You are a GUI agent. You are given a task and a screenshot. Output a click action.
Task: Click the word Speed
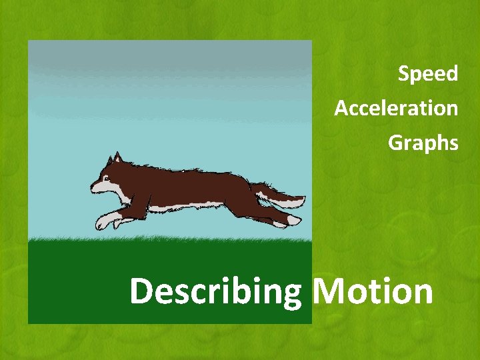click(428, 73)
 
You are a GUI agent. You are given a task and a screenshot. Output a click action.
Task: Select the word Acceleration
click(396, 108)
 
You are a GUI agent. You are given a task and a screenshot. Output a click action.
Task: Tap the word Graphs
click(423, 143)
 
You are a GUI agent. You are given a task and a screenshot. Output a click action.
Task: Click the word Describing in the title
click(215, 292)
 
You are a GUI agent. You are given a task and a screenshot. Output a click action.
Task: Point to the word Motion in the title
click(372, 291)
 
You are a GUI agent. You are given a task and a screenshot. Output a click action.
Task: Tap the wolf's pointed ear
click(117, 158)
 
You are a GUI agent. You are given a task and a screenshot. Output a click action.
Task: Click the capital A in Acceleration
click(341, 108)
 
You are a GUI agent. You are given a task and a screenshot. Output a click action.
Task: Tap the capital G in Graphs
click(395, 143)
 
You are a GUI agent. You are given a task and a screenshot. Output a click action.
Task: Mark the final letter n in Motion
click(421, 294)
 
